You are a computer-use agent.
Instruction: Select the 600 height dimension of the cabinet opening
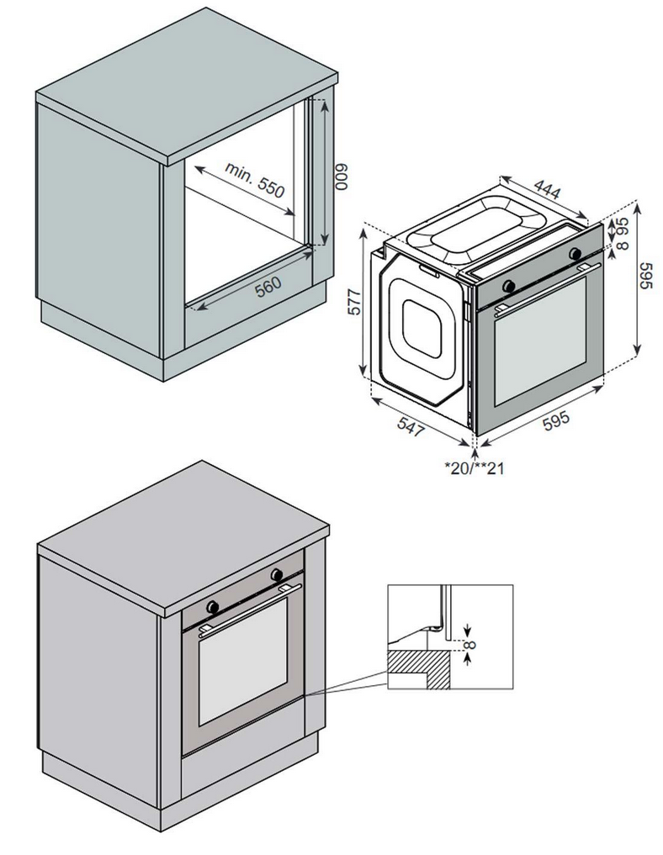click(341, 177)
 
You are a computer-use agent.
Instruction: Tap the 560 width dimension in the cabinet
click(268, 286)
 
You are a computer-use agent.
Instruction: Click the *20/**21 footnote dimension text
click(475, 467)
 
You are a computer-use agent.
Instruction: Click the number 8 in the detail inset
click(472, 646)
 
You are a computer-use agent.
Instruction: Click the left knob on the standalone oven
click(508, 286)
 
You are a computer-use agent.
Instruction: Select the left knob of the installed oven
click(213, 605)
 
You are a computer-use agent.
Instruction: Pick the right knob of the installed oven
click(277, 575)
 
